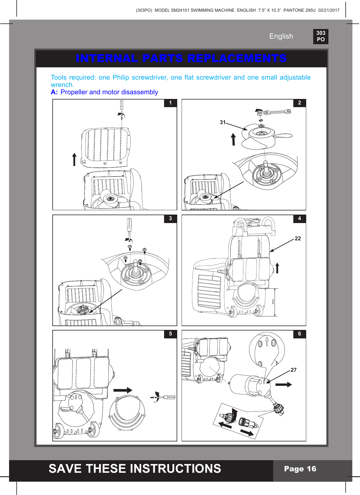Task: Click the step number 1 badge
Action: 170,103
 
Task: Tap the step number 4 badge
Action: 299,219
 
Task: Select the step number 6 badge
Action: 299,334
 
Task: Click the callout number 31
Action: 223,122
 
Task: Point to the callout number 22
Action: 298,239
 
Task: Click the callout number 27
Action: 294,370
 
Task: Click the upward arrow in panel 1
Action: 74,160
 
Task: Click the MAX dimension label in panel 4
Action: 273,301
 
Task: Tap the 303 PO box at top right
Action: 321,36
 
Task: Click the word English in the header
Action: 281,36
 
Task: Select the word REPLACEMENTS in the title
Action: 237,58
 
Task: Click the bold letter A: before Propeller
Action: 54,92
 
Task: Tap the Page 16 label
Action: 300,469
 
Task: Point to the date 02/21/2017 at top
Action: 329,10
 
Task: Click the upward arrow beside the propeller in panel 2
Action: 233,139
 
